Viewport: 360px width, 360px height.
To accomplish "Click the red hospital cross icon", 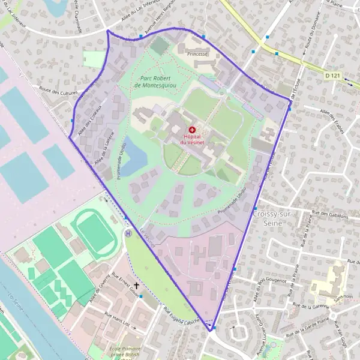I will pyautogui.click(x=192, y=130).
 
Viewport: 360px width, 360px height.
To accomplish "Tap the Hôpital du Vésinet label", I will pyautogui.click(x=192, y=139).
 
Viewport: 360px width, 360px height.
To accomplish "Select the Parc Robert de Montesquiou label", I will pyautogui.click(x=155, y=82).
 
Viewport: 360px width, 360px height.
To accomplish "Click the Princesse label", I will pyautogui.click(x=197, y=54).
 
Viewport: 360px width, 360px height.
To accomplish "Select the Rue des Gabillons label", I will pyautogui.click(x=331, y=214).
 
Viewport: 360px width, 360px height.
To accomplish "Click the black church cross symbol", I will pyautogui.click(x=136, y=286).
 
